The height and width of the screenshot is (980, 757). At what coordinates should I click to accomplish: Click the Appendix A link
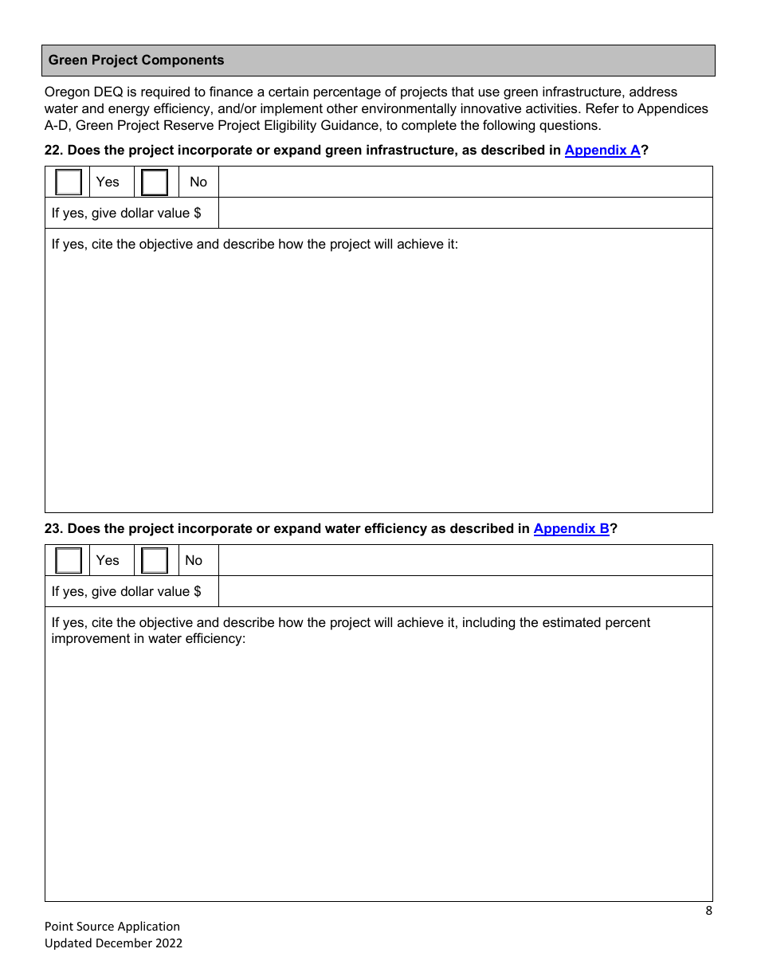coord(602,150)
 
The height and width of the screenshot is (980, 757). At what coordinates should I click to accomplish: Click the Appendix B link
coord(571,528)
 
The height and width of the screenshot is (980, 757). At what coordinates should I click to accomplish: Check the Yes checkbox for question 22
coord(69,182)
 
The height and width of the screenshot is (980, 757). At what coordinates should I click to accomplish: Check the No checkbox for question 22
coord(155,182)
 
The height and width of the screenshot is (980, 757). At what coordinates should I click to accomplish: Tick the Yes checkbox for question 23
coord(69,561)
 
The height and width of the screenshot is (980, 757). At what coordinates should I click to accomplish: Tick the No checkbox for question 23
coord(155,561)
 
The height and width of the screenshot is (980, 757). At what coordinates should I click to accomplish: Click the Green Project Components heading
coord(136,61)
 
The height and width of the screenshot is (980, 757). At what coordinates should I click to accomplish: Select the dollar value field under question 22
coord(465,214)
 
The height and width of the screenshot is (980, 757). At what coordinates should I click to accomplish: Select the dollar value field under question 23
coord(465,592)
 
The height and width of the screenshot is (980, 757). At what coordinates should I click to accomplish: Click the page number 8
coord(708,911)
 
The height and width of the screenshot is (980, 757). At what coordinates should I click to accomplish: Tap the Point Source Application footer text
coord(112,926)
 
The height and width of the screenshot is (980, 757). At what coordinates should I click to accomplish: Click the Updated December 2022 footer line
coord(113,943)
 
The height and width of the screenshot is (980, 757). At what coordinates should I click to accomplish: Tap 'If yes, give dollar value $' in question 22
coord(126,214)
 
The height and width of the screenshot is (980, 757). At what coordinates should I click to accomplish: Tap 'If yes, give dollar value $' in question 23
coord(126,592)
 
